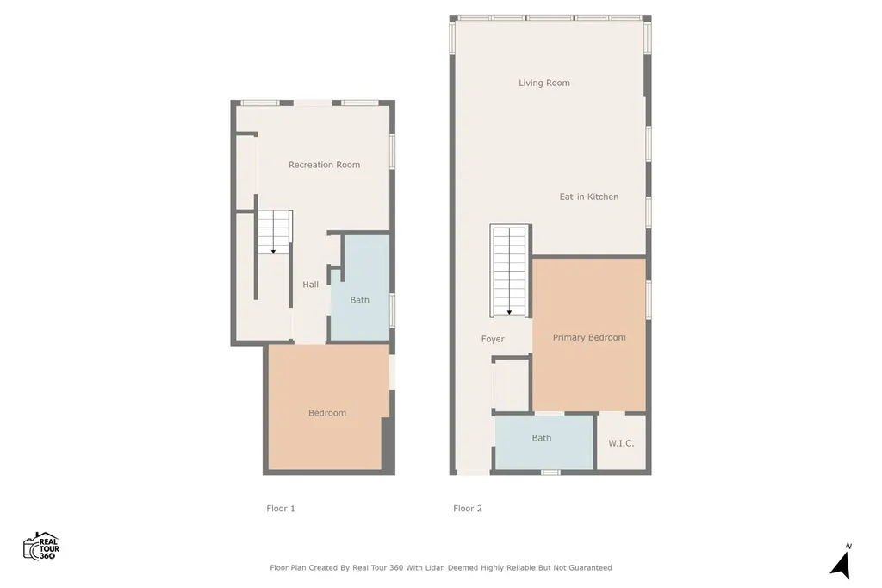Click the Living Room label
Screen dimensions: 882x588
pos(544,84)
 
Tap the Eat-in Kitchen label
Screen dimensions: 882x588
pos(588,197)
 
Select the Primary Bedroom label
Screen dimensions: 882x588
pos(589,337)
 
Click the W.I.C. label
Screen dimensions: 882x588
pos(621,443)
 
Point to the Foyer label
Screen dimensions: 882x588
pos(493,339)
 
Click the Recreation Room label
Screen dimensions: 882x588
pos(324,165)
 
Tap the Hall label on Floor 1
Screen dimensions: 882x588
pos(310,285)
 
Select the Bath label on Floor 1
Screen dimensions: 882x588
pos(359,300)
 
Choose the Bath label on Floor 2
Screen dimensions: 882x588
pos(542,438)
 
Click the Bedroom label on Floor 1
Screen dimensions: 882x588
pos(326,413)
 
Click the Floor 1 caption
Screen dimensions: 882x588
pos(281,508)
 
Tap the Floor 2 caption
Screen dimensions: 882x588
pos(468,508)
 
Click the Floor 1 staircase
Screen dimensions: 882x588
pos(274,232)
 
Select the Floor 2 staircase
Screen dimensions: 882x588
pos(510,271)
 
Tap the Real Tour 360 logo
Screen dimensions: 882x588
pos(41,546)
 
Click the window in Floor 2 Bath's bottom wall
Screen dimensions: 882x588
pos(550,472)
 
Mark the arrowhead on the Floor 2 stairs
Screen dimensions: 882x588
pos(510,313)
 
